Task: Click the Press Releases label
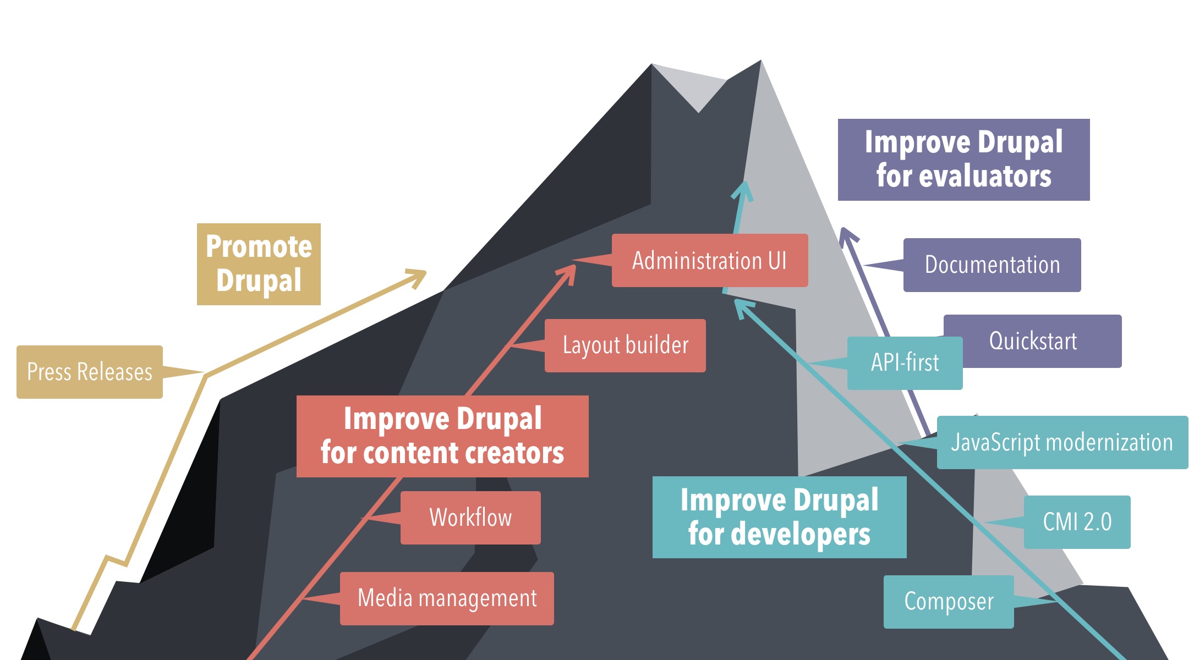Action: [90, 372]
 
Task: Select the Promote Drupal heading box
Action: [259, 264]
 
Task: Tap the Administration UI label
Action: [709, 260]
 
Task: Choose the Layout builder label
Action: [625, 345]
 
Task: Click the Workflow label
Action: [470, 518]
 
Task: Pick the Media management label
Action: [447, 598]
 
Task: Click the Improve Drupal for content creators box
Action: [442, 436]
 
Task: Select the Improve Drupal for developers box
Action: [779, 517]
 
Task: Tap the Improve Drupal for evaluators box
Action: [963, 159]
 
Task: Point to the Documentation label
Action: [992, 265]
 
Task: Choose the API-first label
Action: [905, 363]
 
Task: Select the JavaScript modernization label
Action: [1062, 442]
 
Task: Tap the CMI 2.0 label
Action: [1077, 522]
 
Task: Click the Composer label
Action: [949, 602]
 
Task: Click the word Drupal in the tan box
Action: [259, 280]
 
